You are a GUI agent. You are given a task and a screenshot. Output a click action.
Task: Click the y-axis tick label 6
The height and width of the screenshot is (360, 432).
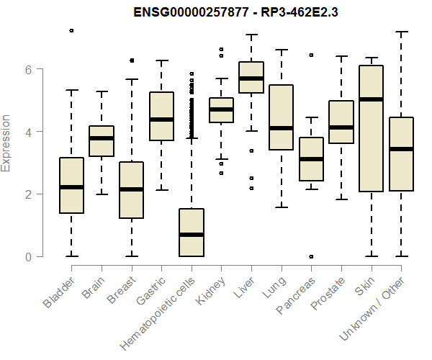click(28, 70)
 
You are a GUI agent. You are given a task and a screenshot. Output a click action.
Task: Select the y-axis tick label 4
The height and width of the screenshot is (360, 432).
click(28, 132)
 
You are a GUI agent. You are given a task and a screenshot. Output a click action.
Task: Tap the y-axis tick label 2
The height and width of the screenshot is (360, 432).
click(28, 194)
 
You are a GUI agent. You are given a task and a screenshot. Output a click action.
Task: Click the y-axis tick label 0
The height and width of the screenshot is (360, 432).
click(28, 257)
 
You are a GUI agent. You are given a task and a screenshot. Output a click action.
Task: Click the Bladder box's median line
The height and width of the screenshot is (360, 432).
click(71, 187)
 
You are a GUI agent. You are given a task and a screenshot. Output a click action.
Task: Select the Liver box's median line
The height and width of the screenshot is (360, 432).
click(251, 78)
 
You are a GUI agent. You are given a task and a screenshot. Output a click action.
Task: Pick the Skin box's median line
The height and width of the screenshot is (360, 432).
click(371, 99)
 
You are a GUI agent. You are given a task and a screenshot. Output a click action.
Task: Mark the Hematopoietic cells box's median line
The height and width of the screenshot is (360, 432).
click(191, 235)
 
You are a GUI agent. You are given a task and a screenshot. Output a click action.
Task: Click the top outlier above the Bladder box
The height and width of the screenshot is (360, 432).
click(71, 30)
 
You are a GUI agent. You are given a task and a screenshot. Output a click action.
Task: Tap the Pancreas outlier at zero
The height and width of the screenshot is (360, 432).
click(311, 256)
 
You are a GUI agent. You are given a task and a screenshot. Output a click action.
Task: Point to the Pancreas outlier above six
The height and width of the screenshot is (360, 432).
click(311, 55)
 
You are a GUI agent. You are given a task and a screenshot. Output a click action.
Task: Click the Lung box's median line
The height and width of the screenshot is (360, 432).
click(281, 128)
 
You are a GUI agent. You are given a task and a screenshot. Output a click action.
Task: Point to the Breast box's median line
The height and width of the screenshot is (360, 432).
click(131, 189)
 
